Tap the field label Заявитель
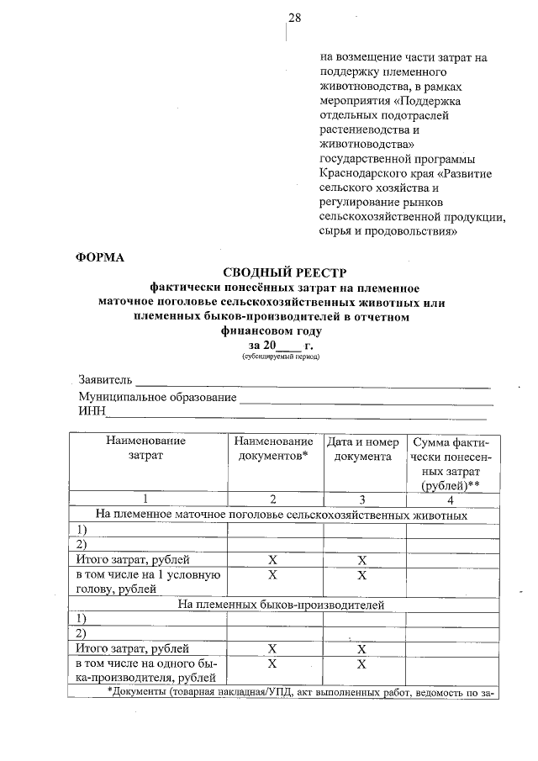click(x=105, y=380)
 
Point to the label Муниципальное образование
click(x=157, y=396)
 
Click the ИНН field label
click(x=91, y=410)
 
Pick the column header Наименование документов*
click(x=273, y=448)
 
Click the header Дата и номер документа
click(x=362, y=448)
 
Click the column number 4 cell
click(x=450, y=499)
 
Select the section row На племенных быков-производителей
click(x=282, y=604)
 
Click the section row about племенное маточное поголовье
click(x=282, y=514)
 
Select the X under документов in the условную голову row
click(x=272, y=575)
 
